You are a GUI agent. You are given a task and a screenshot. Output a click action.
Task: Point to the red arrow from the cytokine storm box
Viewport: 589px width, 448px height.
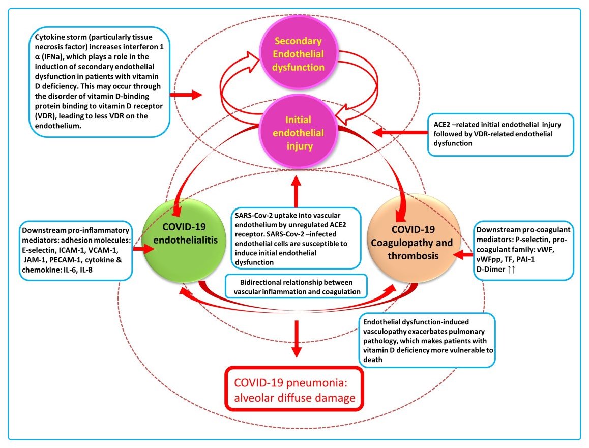186,95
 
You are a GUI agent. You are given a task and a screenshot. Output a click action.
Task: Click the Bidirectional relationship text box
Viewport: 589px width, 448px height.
296,287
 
